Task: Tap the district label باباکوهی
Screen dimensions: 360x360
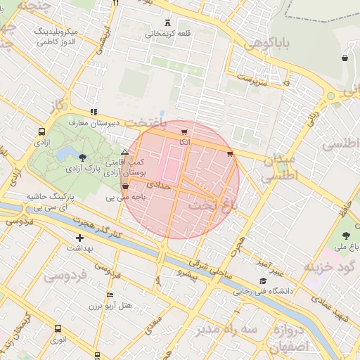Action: (267, 44)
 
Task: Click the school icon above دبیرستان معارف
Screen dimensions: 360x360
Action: (94, 112)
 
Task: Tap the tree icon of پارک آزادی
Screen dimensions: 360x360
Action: (84, 158)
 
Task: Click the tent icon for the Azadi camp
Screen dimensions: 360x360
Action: (124, 152)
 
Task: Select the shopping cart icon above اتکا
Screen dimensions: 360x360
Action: (184, 132)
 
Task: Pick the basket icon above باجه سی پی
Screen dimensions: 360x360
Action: (125, 187)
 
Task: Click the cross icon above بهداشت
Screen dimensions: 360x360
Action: (79, 238)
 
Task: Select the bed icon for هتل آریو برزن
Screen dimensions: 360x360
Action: (110, 295)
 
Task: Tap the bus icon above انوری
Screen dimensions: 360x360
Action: (57, 329)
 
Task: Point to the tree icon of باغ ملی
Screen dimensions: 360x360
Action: (345, 236)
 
